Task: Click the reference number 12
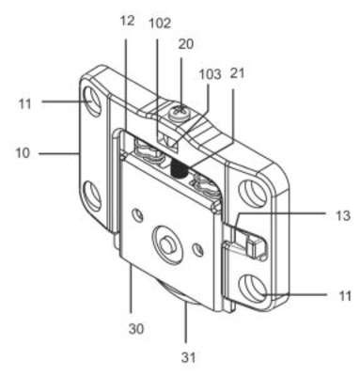(127, 21)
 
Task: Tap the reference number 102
(159, 23)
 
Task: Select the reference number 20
(186, 44)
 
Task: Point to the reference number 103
(211, 74)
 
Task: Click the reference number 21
(237, 73)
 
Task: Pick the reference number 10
(23, 153)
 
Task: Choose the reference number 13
(342, 215)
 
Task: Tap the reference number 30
(136, 329)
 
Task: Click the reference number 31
(188, 357)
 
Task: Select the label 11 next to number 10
(25, 104)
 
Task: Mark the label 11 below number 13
(345, 296)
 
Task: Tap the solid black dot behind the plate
(179, 170)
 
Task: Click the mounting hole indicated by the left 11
(92, 102)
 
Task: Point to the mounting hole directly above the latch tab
(253, 193)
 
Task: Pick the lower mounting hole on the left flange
(92, 196)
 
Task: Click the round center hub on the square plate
(168, 243)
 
